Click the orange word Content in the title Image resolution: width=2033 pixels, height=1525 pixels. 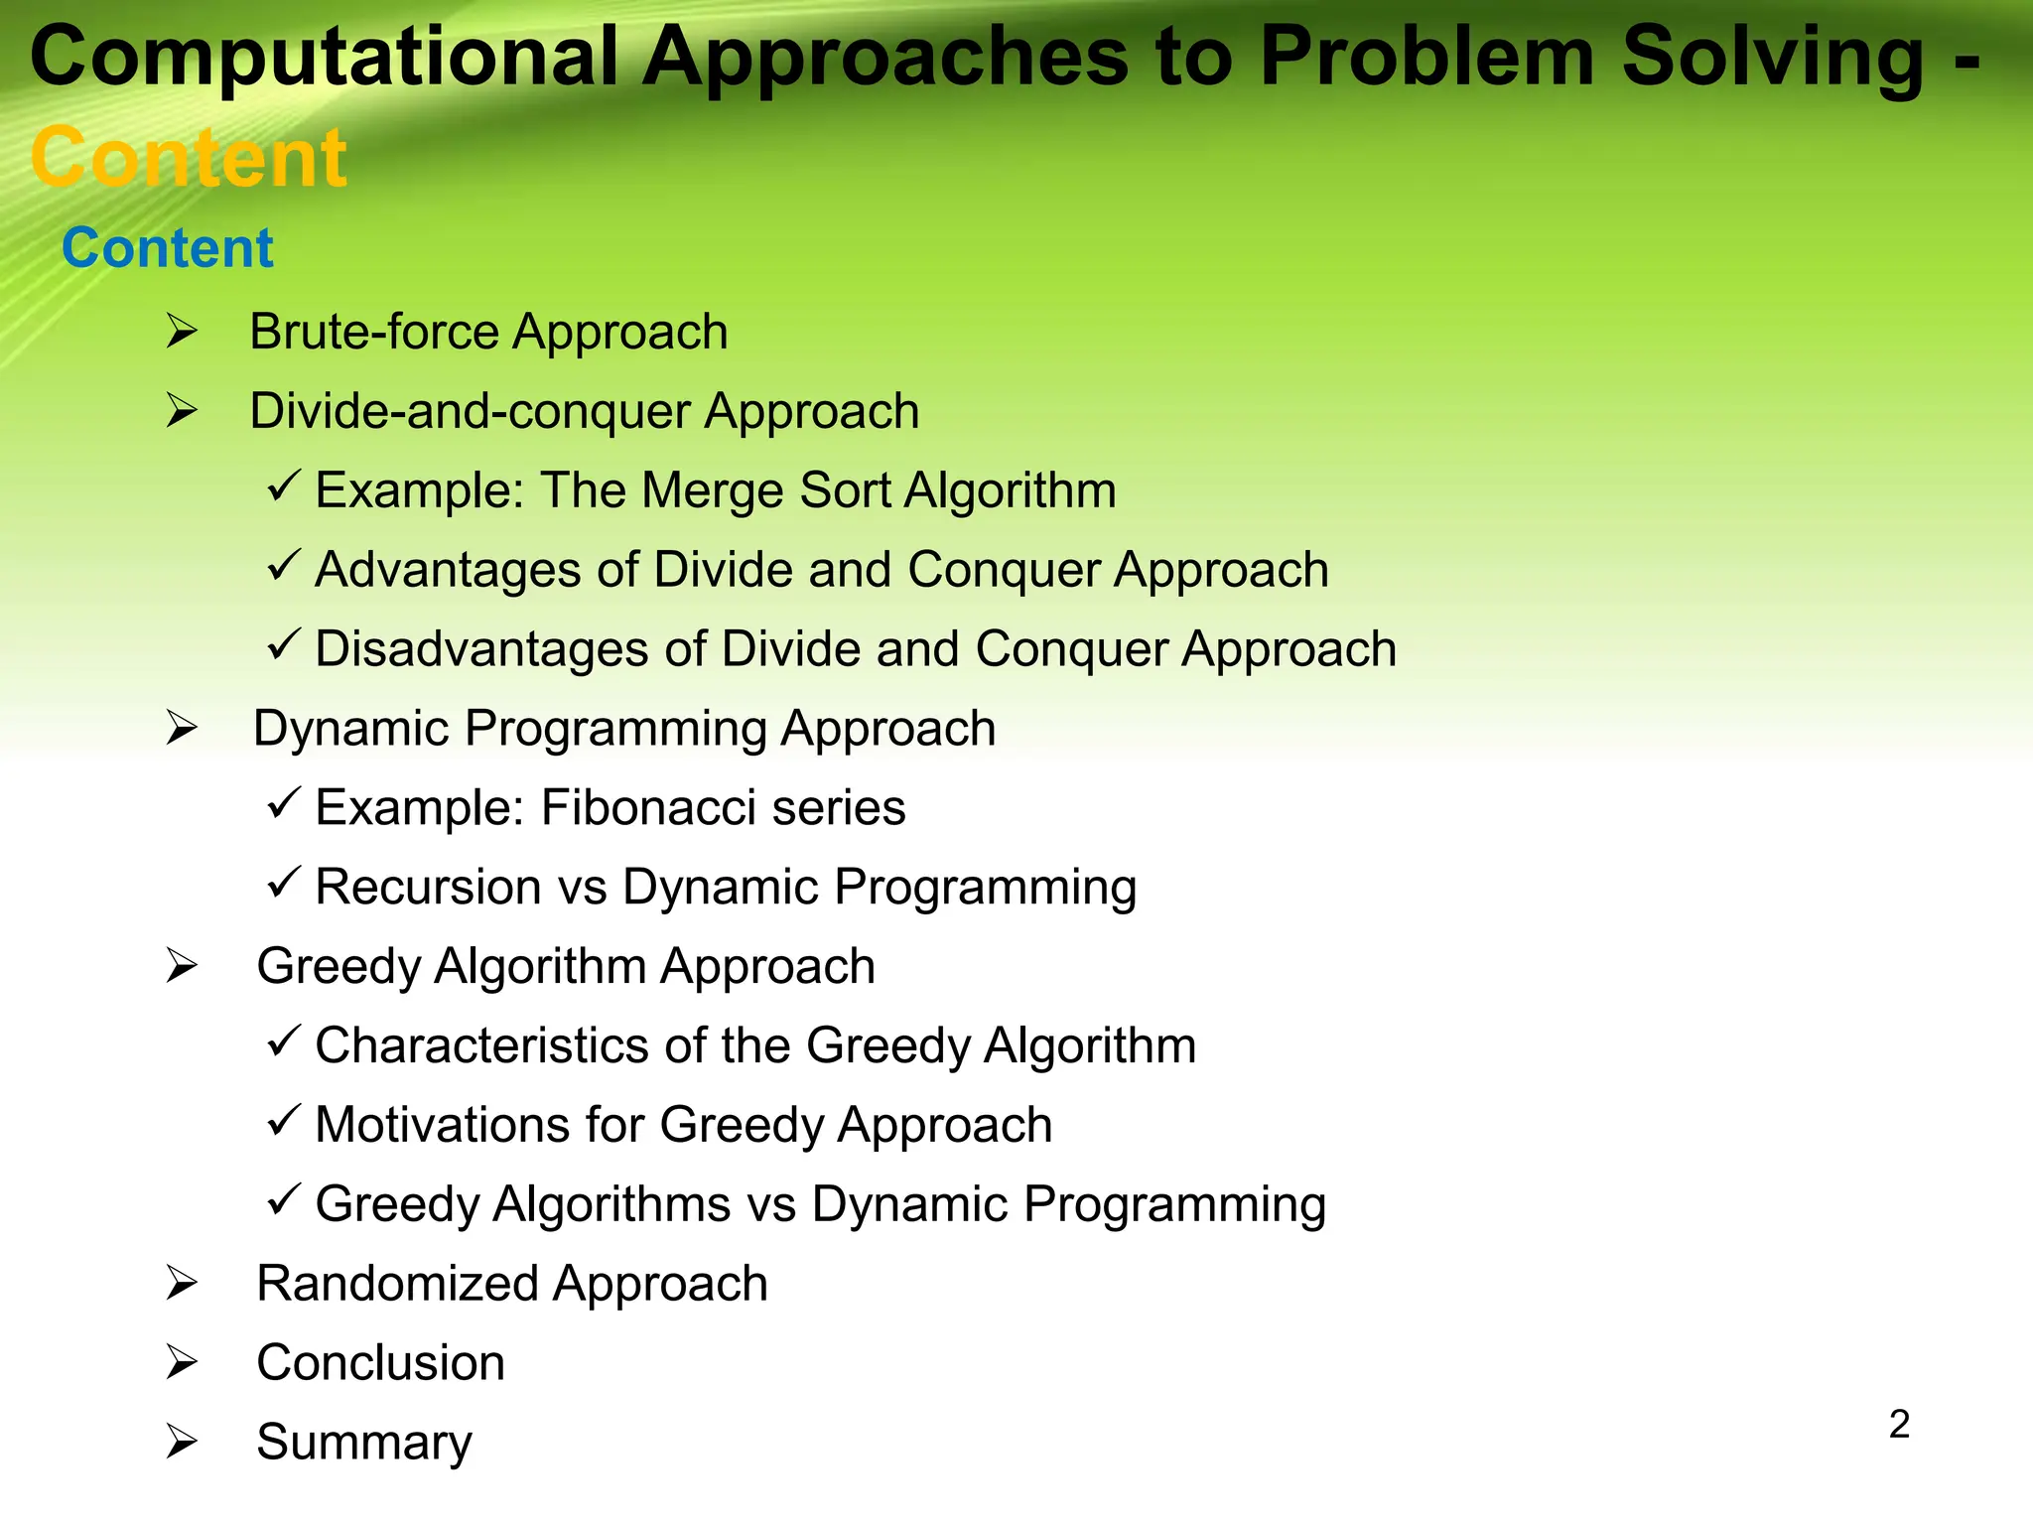pyautogui.click(x=189, y=158)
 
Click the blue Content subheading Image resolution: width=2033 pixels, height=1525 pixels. pyautogui.click(x=167, y=248)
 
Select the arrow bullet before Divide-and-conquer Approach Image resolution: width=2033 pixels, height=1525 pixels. pyautogui.click(x=182, y=411)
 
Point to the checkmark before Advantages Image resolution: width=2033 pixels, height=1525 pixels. pyautogui.click(x=283, y=566)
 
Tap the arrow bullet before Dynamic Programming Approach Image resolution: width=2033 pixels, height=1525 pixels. pyautogui.click(x=182, y=729)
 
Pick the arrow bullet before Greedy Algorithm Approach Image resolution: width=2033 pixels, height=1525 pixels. pyautogui.click(x=182, y=966)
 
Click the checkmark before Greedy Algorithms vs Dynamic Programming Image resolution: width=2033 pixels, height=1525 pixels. pyautogui.click(x=283, y=1200)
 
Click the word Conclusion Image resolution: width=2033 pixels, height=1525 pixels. pyautogui.click(x=380, y=1363)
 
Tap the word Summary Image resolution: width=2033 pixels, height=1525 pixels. pyautogui.click(x=363, y=1443)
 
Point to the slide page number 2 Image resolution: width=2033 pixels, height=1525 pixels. pyautogui.click(x=1899, y=1425)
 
